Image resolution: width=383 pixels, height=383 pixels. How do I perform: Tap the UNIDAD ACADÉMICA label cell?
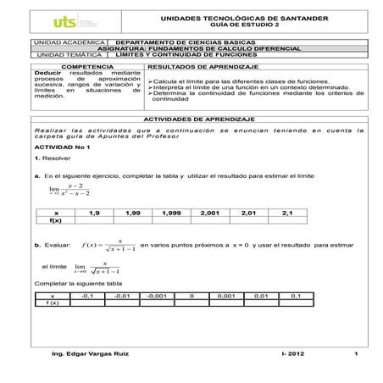coord(69,41)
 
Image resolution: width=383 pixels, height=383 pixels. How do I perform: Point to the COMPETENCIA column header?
coord(86,65)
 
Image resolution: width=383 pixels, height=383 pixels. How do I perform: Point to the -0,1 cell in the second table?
coord(86,296)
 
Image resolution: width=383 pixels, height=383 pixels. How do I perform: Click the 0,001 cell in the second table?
coord(225,296)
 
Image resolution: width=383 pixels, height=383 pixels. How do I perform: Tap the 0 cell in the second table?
coord(192,296)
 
